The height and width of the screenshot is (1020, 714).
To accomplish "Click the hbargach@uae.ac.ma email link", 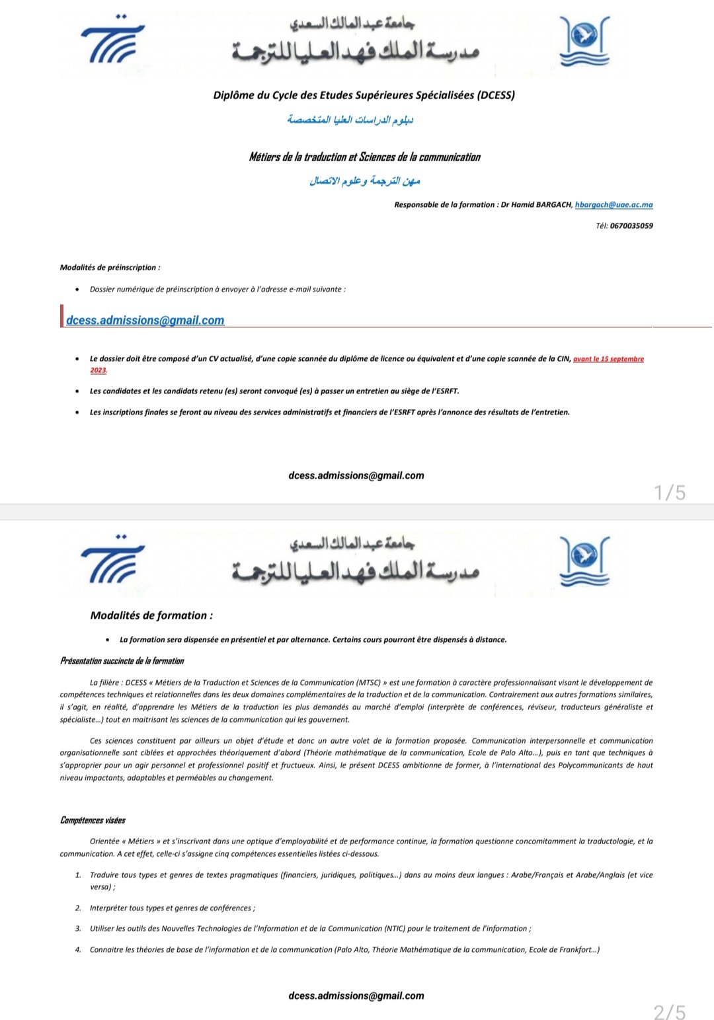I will point(614,205).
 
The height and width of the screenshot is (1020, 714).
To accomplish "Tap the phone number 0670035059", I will point(631,226).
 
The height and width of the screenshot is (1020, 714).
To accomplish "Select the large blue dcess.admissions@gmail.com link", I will point(145,321).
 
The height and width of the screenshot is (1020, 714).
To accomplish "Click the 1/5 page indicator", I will point(670,492).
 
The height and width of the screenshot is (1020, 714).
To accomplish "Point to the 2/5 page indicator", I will point(670,1012).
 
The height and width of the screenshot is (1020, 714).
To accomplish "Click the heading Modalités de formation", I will point(151,615).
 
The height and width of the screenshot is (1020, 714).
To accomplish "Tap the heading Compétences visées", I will point(93,820).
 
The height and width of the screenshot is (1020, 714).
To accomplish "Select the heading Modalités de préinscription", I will point(110,268).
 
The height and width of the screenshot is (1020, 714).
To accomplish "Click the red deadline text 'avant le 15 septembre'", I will point(608,359).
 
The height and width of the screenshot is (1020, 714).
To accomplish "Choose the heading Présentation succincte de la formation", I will point(122,661).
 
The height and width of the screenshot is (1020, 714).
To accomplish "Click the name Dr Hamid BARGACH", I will point(536,205).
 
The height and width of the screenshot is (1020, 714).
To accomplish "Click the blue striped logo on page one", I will point(113,39).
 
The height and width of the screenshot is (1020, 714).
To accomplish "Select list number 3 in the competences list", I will point(78,929).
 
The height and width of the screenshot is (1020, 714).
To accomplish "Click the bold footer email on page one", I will point(356,476).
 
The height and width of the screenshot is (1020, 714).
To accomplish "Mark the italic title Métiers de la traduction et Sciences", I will point(364,157).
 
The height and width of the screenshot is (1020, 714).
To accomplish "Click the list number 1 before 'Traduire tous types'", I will point(78,875).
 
